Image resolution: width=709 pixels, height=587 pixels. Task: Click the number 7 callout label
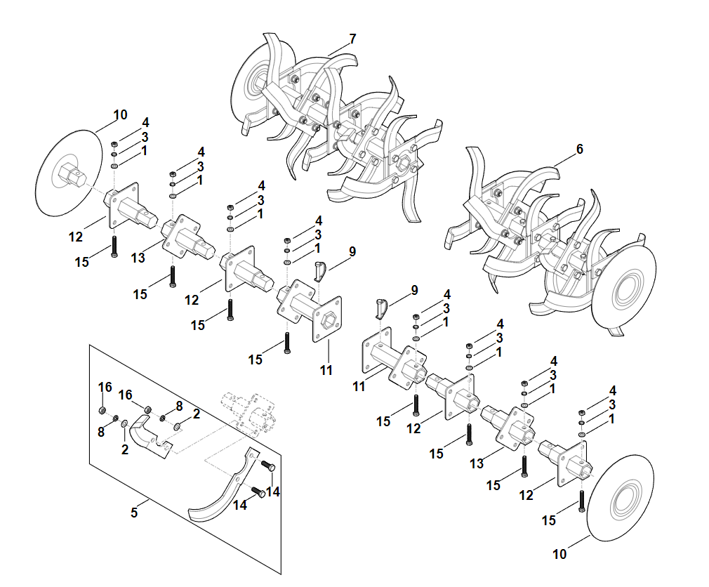coord(352,38)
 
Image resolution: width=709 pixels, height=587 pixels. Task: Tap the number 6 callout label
coord(579,149)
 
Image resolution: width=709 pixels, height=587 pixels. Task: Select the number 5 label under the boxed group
coord(134,513)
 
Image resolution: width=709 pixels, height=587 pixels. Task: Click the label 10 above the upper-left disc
coord(120,114)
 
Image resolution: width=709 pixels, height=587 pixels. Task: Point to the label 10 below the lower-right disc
coord(559,554)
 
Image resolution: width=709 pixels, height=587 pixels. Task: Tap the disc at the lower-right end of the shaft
coord(621,499)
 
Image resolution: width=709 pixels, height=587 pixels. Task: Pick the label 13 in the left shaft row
coord(138,258)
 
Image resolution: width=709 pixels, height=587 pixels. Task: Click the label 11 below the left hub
coord(326,370)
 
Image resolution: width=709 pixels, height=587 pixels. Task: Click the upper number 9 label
coord(352,251)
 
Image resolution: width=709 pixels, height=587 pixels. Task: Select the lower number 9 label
coord(414,289)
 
